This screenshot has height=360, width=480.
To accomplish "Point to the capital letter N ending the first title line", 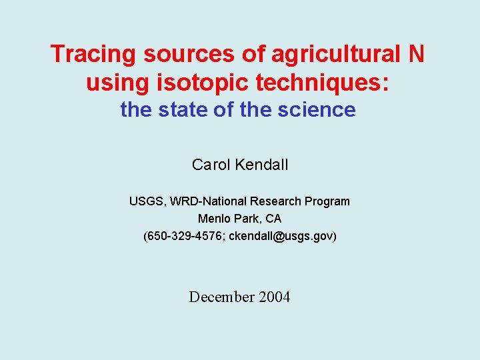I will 415,54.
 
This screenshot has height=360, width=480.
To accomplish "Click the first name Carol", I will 211,165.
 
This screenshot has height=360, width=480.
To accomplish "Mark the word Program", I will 327,201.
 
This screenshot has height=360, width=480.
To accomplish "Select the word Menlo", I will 213,219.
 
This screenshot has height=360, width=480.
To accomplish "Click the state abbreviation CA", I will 273,219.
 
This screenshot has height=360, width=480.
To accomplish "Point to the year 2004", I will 274,297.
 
